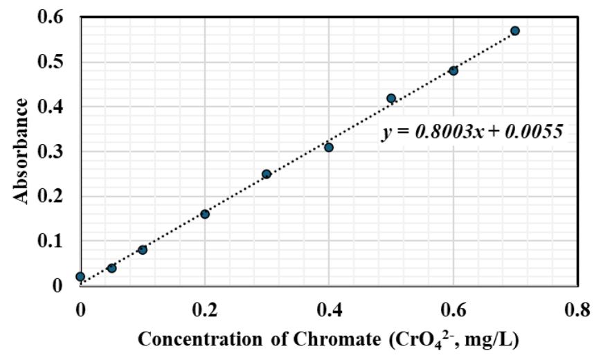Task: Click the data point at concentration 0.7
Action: tap(515, 30)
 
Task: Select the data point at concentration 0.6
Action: tap(453, 71)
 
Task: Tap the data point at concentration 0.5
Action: tap(391, 98)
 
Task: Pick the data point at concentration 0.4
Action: tap(329, 147)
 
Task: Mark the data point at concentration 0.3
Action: tap(267, 174)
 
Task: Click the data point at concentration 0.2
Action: tap(204, 214)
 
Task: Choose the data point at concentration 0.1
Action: tap(143, 250)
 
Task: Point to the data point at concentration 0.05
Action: tap(111, 268)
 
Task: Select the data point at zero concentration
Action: tap(80, 277)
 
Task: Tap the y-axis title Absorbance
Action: tap(21, 151)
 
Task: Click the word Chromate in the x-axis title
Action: tap(336, 339)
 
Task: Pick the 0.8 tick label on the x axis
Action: tap(577, 310)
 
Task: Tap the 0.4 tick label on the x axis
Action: tap(330, 310)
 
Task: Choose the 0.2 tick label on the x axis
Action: tap(205, 310)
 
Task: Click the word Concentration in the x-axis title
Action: tap(199, 339)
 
